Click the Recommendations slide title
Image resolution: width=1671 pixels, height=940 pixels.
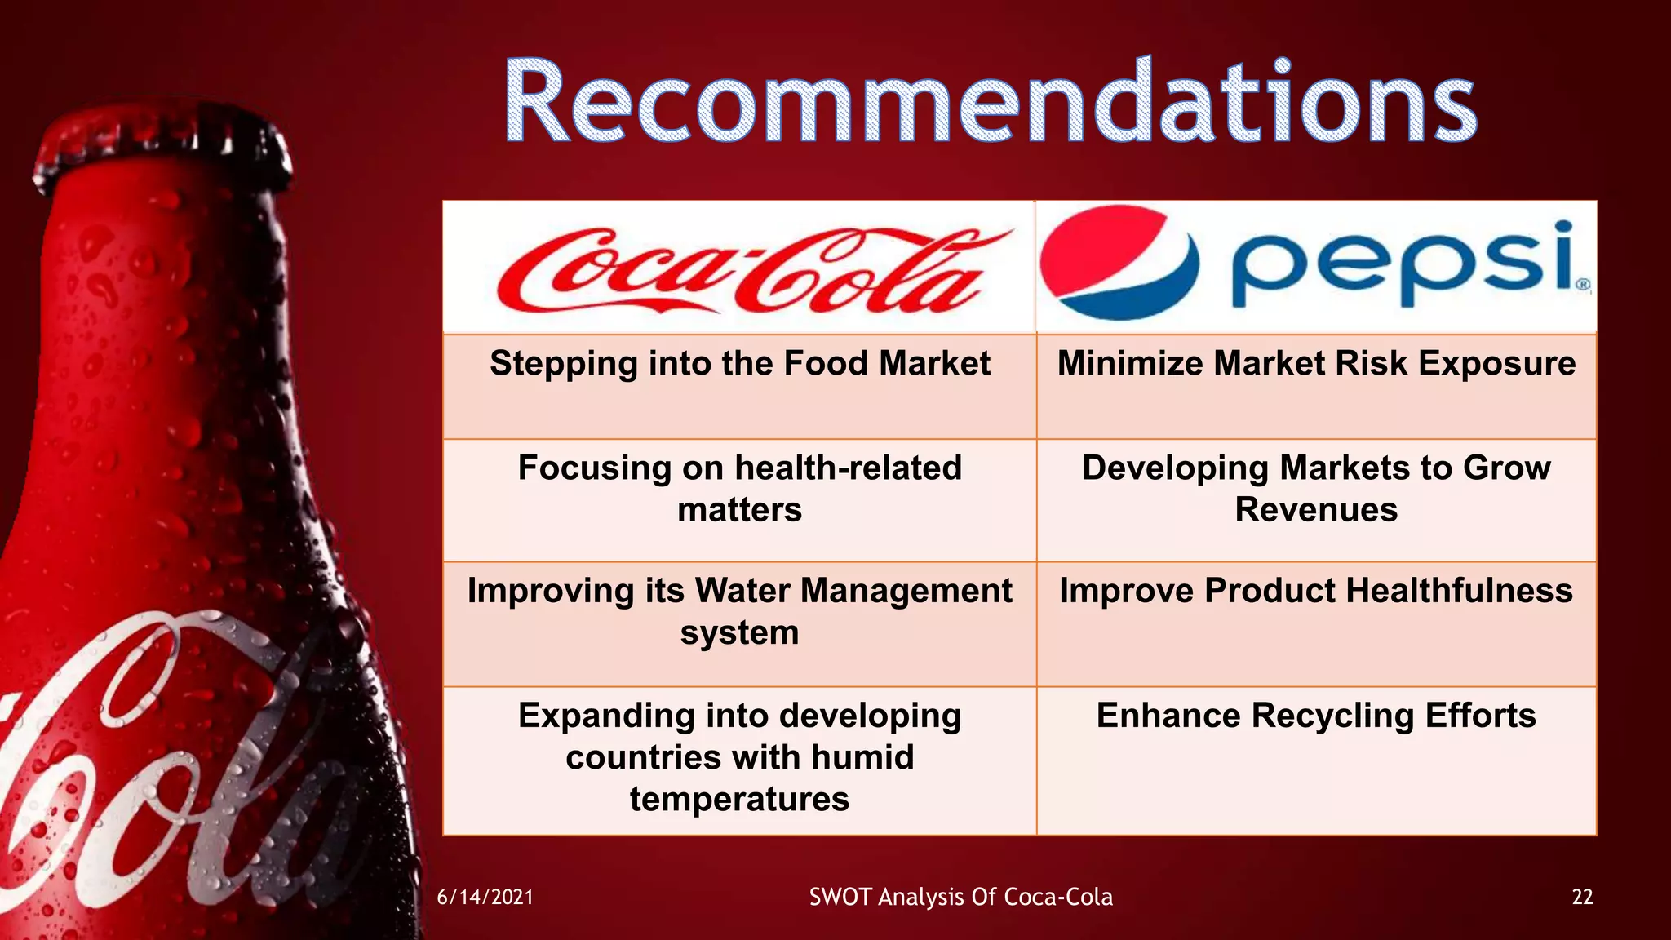click(x=990, y=102)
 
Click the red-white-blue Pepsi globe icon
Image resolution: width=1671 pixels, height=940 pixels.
click(x=1119, y=263)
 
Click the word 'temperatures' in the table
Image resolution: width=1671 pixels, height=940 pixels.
click(x=739, y=799)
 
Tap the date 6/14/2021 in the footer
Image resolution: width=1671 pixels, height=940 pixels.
click(x=485, y=898)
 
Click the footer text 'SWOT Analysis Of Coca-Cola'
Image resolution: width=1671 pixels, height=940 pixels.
click(x=960, y=898)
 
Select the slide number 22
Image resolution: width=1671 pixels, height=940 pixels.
click(x=1582, y=898)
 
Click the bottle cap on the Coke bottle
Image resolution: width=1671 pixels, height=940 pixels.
click(x=163, y=151)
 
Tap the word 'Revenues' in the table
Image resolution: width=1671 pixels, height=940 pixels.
click(x=1316, y=510)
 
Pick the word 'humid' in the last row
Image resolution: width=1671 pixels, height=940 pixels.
click(x=862, y=757)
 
